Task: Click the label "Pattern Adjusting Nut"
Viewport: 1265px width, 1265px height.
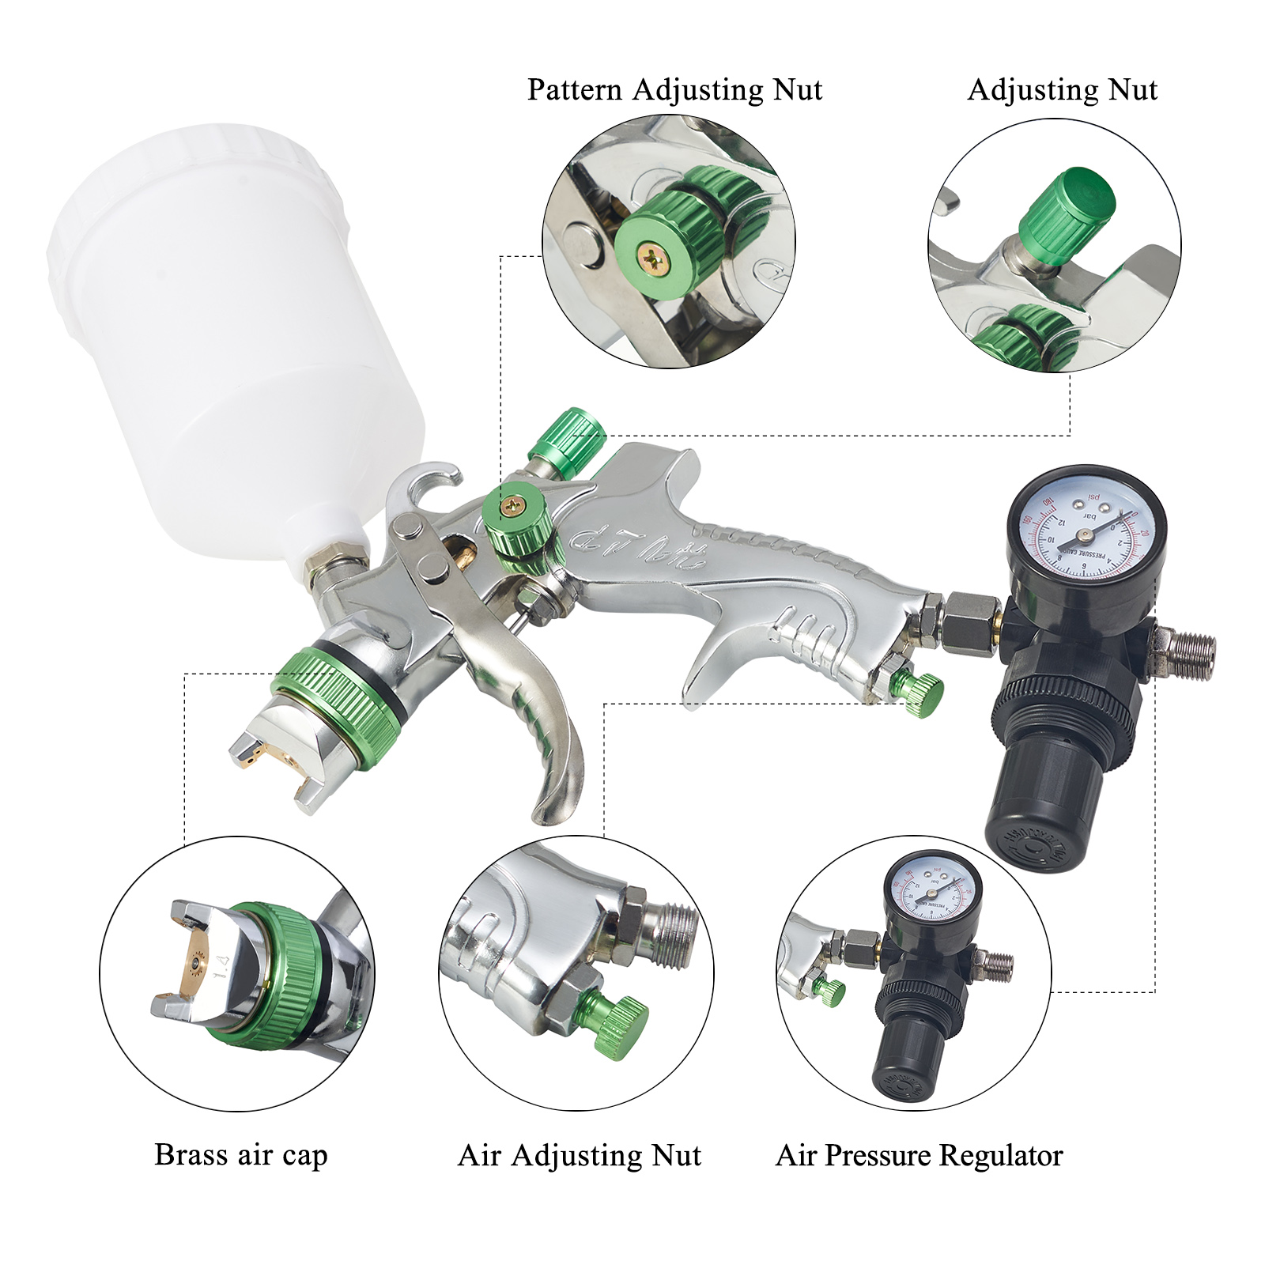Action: coord(674,90)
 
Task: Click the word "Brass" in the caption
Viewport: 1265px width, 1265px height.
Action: coord(186,1155)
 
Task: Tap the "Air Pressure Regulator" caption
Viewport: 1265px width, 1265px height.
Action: coord(919,1156)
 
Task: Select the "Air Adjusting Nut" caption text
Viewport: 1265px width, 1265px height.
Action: coord(579,1156)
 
